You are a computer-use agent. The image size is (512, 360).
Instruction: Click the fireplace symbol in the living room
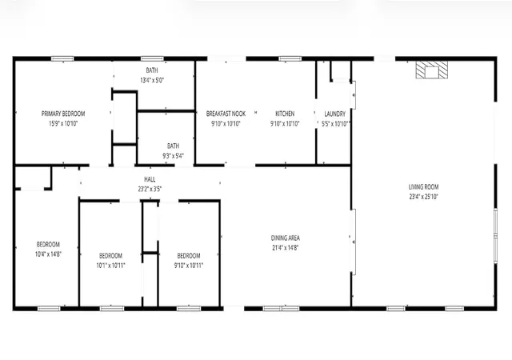point(431,70)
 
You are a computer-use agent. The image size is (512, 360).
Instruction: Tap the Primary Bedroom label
point(63,114)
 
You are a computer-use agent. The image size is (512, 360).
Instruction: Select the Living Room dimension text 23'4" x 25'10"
point(423,197)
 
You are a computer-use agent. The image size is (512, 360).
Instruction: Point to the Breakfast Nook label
point(226,114)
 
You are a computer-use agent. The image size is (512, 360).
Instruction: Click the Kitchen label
point(285,114)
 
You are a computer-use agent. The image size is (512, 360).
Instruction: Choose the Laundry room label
point(334,114)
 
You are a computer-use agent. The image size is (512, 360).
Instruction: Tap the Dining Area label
point(285,238)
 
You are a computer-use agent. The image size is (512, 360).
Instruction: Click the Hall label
point(150,179)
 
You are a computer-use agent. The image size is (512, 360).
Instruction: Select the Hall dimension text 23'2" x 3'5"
point(150,189)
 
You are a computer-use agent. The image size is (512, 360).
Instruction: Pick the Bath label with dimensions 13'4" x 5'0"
point(152,70)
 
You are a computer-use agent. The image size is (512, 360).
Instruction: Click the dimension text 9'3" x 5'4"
point(173,156)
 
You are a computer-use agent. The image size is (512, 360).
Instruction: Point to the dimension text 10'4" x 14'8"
point(48,254)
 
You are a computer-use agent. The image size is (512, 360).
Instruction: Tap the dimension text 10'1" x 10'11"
point(110,266)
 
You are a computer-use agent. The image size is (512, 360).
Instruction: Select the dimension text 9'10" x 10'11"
point(189,266)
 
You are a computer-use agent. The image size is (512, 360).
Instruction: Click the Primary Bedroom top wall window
point(62,59)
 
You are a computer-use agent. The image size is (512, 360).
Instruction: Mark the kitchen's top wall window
point(290,59)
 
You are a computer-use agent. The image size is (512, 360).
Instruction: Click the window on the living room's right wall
point(495,235)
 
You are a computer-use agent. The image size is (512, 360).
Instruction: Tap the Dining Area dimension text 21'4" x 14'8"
point(285,248)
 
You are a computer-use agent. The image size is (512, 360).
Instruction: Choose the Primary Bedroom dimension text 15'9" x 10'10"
point(63,123)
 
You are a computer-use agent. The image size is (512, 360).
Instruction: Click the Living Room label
point(423,187)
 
